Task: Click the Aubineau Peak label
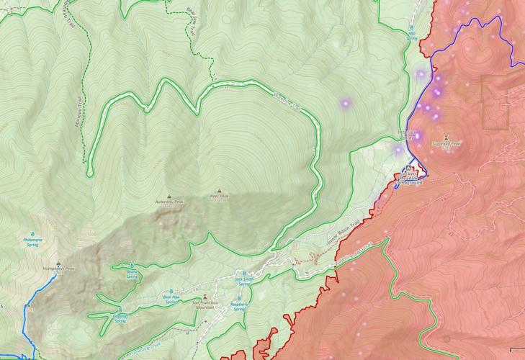pyautogui.click(x=170, y=203)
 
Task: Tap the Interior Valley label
pyautogui.click(x=409, y=135)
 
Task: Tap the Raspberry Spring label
pyautogui.click(x=238, y=306)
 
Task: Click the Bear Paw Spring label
pyautogui.click(x=171, y=300)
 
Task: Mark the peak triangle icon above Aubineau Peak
pyautogui.click(x=170, y=196)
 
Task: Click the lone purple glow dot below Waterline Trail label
pyautogui.click(x=345, y=104)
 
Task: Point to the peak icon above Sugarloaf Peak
pyautogui.click(x=448, y=136)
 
